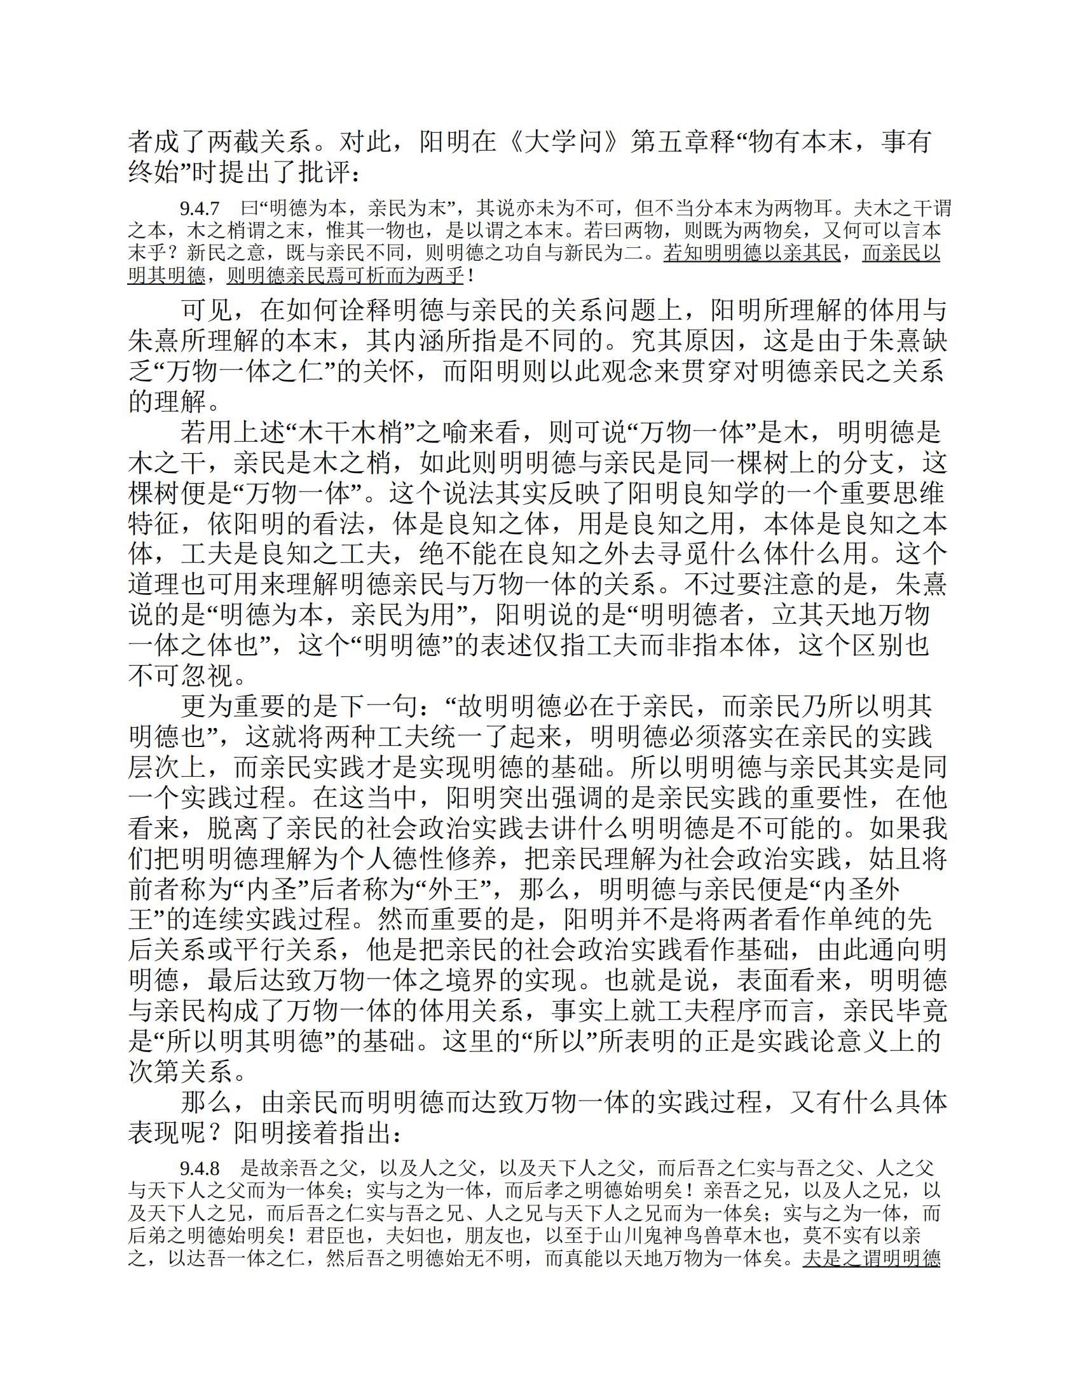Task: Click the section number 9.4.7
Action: click(x=200, y=209)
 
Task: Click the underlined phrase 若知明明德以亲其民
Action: click(x=751, y=254)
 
